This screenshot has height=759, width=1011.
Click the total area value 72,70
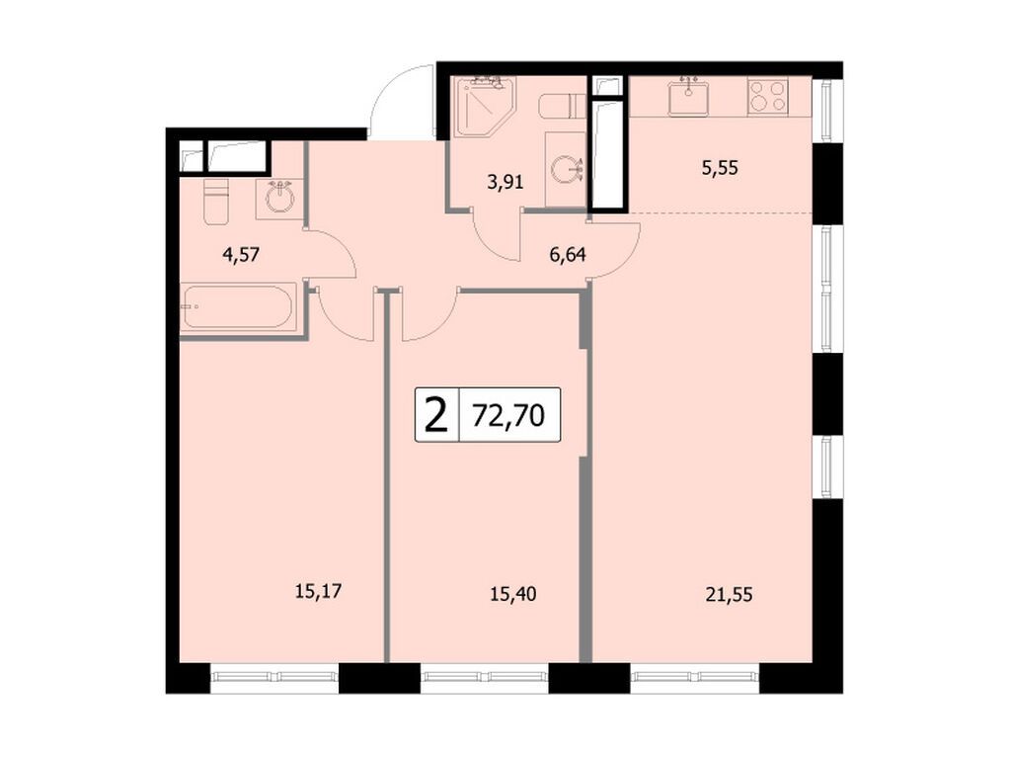tap(508, 415)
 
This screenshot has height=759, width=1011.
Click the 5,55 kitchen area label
tap(720, 168)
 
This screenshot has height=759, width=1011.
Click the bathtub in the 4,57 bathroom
tap(238, 307)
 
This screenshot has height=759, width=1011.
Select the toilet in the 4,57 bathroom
tap(215, 201)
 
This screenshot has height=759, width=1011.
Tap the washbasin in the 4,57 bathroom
tap(279, 198)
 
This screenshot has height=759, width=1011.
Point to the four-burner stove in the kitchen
tap(767, 97)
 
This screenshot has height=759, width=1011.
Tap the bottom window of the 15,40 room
tap(485, 677)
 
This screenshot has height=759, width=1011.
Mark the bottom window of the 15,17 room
tap(274, 677)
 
